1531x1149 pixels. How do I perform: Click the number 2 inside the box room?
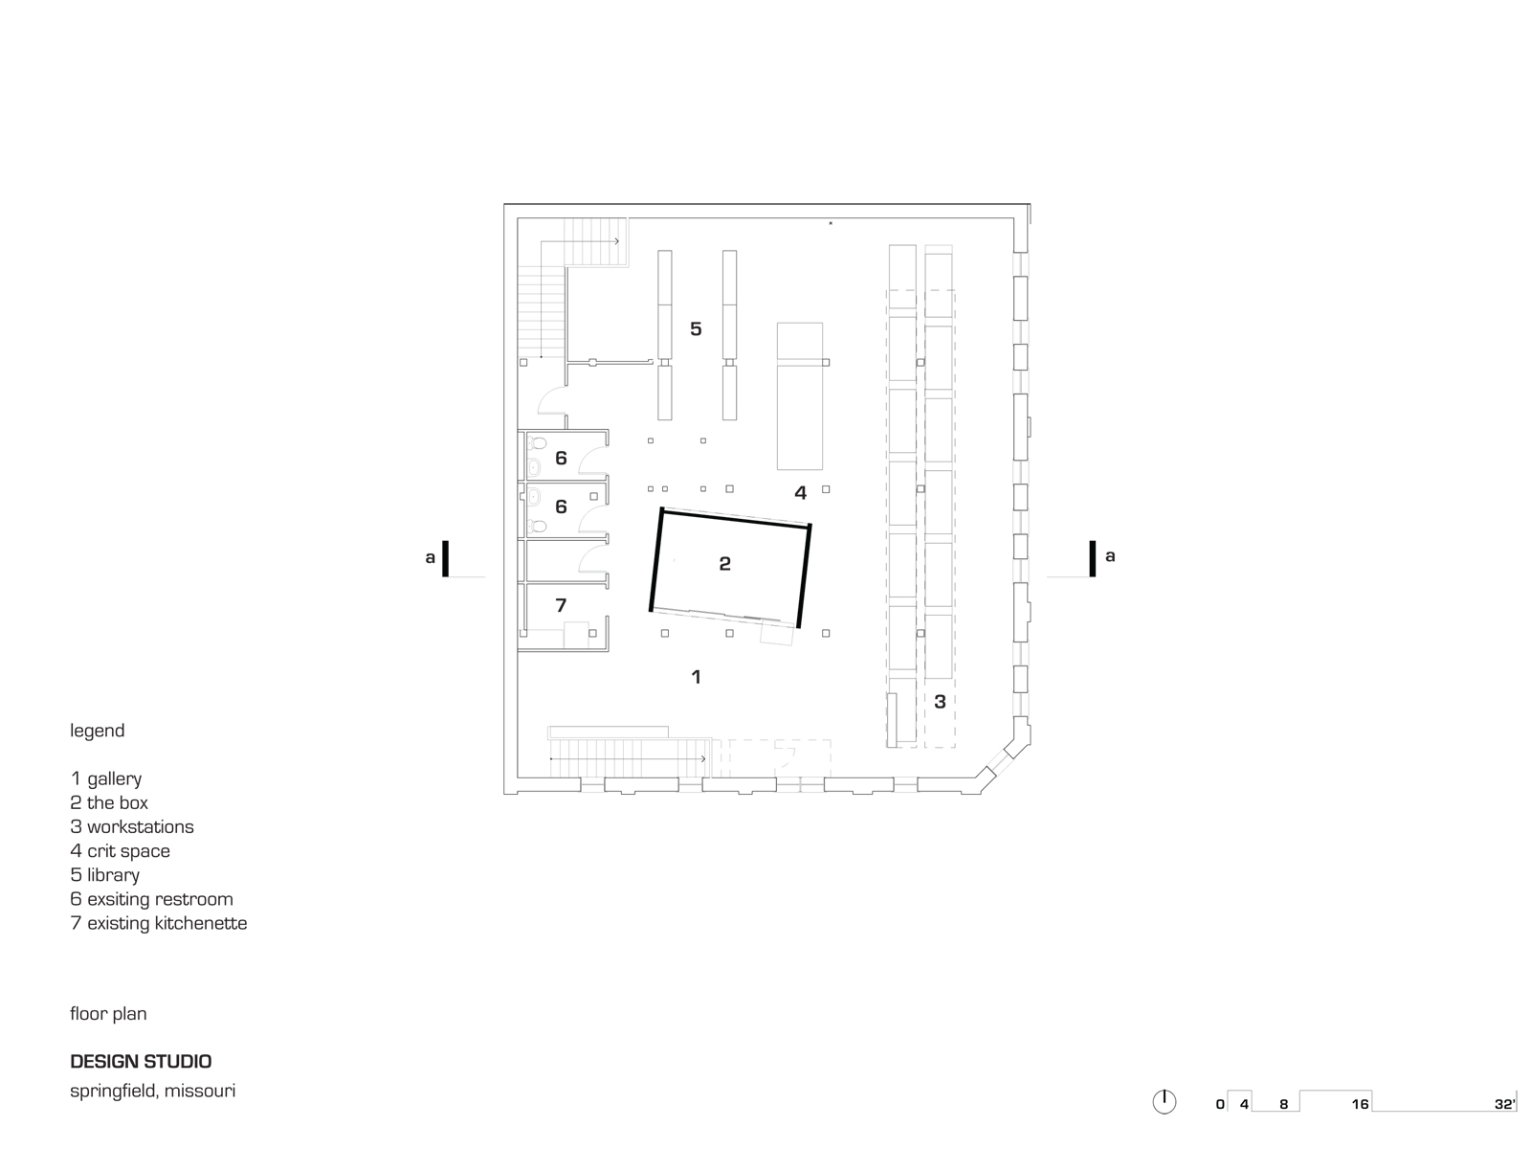724,564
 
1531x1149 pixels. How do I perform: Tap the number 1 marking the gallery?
696,677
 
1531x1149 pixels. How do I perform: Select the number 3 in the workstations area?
940,702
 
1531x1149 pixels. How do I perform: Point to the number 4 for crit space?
800,493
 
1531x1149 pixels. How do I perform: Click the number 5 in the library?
696,329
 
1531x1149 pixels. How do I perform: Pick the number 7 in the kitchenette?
561,605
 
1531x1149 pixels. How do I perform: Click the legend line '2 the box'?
109,803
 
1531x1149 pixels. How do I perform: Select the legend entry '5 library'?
105,875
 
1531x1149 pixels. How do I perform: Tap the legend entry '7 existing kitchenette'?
159,923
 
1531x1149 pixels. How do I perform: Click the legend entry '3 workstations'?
132,827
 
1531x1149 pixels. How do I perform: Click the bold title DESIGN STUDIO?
141,1061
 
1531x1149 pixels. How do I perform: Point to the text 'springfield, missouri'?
152,1091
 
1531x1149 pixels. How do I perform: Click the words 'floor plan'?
108,1013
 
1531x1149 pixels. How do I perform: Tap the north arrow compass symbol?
1164,1102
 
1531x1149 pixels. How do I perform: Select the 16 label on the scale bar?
1360,1104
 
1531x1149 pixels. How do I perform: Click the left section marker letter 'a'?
431,556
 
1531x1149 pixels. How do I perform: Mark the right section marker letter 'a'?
1110,555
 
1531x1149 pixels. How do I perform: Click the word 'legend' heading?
97,731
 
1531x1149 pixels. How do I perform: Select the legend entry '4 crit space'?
121,851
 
